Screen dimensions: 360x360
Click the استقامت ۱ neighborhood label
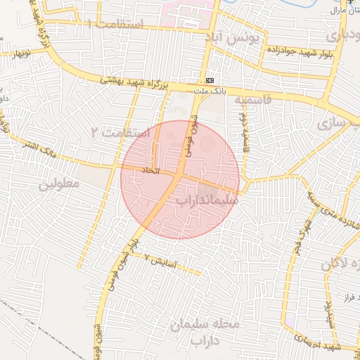116,25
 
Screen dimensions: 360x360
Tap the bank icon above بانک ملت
210,80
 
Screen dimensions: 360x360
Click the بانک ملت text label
210,90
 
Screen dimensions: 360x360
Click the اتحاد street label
151,171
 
